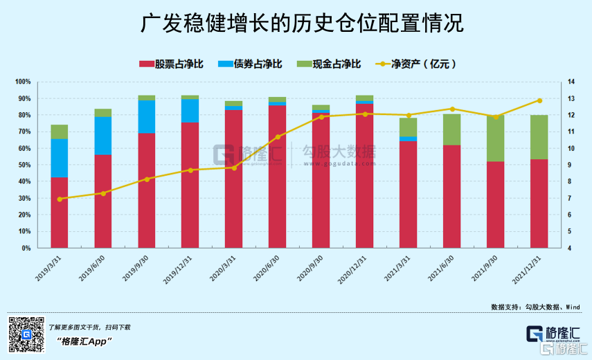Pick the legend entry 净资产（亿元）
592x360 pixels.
(x=423, y=64)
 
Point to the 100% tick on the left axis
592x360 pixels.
(x=24, y=82)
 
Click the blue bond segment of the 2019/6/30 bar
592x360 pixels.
(x=103, y=136)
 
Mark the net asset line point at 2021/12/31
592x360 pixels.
(x=539, y=100)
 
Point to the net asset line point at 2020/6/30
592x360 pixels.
(x=278, y=137)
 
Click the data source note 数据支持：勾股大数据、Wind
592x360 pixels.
(x=535, y=307)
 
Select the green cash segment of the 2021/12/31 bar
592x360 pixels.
(x=539, y=137)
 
